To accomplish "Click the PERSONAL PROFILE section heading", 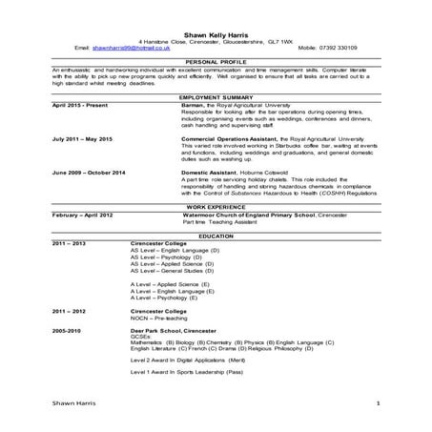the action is [215, 61].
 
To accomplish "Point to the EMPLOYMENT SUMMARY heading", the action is [215, 97].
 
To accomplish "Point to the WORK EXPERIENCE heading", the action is [215, 207].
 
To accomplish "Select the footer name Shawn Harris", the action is [72, 404].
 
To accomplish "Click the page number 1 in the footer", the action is [378, 404].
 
